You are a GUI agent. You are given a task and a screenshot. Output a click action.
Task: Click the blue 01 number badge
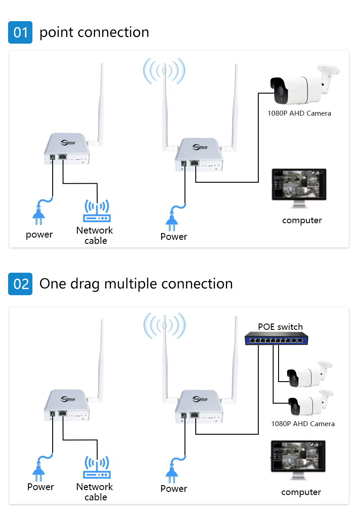(x=20, y=32)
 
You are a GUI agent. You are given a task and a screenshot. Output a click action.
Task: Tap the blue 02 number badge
(x=20, y=284)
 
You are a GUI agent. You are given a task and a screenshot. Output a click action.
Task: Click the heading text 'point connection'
(x=94, y=32)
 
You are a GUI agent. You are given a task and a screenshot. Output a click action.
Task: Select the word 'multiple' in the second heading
(x=131, y=284)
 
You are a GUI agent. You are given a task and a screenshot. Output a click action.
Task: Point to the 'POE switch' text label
(x=280, y=327)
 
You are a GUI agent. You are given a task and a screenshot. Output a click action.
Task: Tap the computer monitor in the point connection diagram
(x=298, y=188)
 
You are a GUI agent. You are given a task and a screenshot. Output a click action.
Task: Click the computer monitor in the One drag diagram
(x=298, y=460)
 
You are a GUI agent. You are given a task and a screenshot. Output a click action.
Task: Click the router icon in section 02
(x=96, y=468)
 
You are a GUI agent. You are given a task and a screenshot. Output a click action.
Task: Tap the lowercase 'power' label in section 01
(x=39, y=234)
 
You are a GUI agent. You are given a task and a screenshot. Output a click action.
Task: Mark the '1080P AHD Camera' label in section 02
(x=302, y=423)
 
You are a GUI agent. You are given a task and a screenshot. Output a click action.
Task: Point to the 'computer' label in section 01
(x=302, y=220)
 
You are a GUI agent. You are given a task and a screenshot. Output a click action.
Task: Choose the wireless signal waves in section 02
(x=164, y=325)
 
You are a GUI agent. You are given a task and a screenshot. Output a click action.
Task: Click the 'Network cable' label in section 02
(x=94, y=492)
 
